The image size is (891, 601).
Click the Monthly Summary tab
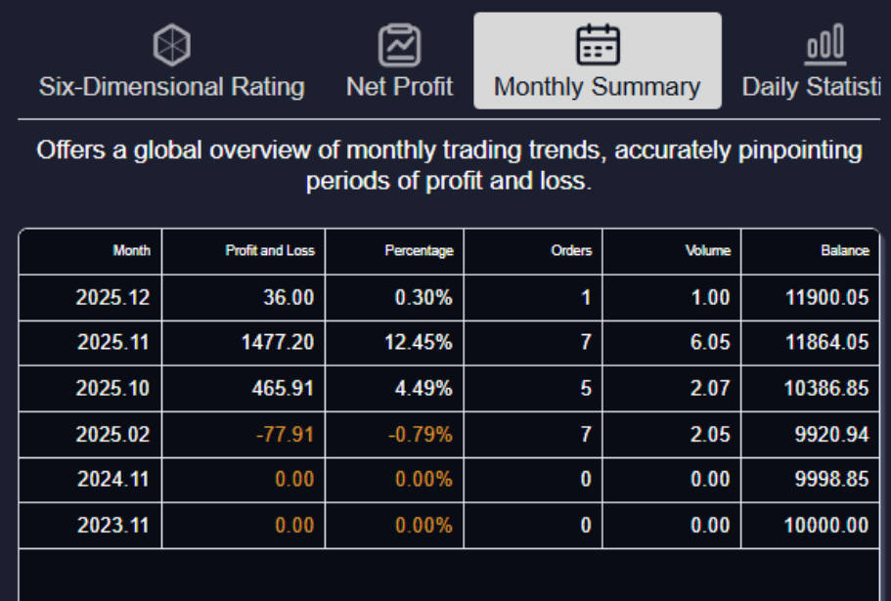pyautogui.click(x=597, y=86)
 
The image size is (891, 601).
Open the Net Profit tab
pyautogui.click(x=399, y=86)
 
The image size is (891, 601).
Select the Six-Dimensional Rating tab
pyautogui.click(x=171, y=86)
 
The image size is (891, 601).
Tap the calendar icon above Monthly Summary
pyautogui.click(x=597, y=45)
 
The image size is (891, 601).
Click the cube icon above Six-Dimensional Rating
pyautogui.click(x=172, y=45)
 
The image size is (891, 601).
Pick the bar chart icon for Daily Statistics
pyautogui.click(x=824, y=45)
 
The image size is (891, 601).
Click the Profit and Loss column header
pyautogui.click(x=270, y=251)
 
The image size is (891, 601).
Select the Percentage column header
pyautogui.click(x=419, y=251)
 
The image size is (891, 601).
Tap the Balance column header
pyautogui.click(x=845, y=251)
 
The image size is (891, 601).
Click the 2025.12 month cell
pyautogui.click(x=112, y=298)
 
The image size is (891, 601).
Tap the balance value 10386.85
pyautogui.click(x=825, y=389)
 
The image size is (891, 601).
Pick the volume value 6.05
pyautogui.click(x=709, y=343)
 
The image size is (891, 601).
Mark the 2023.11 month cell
pyautogui.click(x=112, y=526)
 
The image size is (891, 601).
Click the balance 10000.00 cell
pyautogui.click(x=825, y=526)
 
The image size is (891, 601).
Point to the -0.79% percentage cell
pyautogui.click(x=421, y=435)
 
